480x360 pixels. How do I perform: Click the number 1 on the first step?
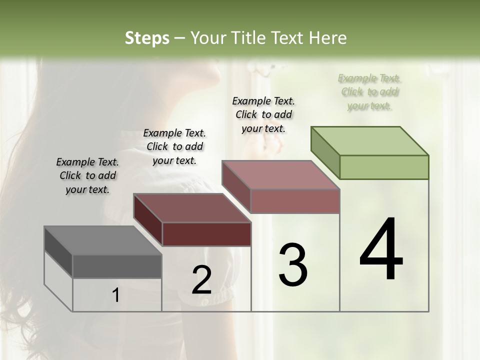tap(115, 295)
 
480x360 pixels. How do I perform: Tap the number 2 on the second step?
tap(201, 280)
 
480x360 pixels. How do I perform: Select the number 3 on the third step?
tap(293, 265)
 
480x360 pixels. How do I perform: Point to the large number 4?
tap(381, 250)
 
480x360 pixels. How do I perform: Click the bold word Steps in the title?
tap(147, 38)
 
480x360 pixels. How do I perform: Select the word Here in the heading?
tap(328, 38)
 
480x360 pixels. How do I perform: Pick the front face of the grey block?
tap(117, 266)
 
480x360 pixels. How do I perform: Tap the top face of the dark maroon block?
tap(192, 208)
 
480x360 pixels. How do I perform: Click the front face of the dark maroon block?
tap(206, 234)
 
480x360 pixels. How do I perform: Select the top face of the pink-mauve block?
tap(280, 175)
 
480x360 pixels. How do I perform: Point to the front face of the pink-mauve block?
tap(295, 201)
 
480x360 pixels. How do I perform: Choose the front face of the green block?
tap(384, 167)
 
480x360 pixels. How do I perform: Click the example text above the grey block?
tap(87, 175)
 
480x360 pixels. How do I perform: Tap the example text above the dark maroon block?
tap(174, 146)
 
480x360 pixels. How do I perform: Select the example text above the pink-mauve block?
tap(263, 114)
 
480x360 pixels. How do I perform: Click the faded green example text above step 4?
tap(369, 91)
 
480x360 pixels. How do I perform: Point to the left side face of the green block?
tap(325, 152)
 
